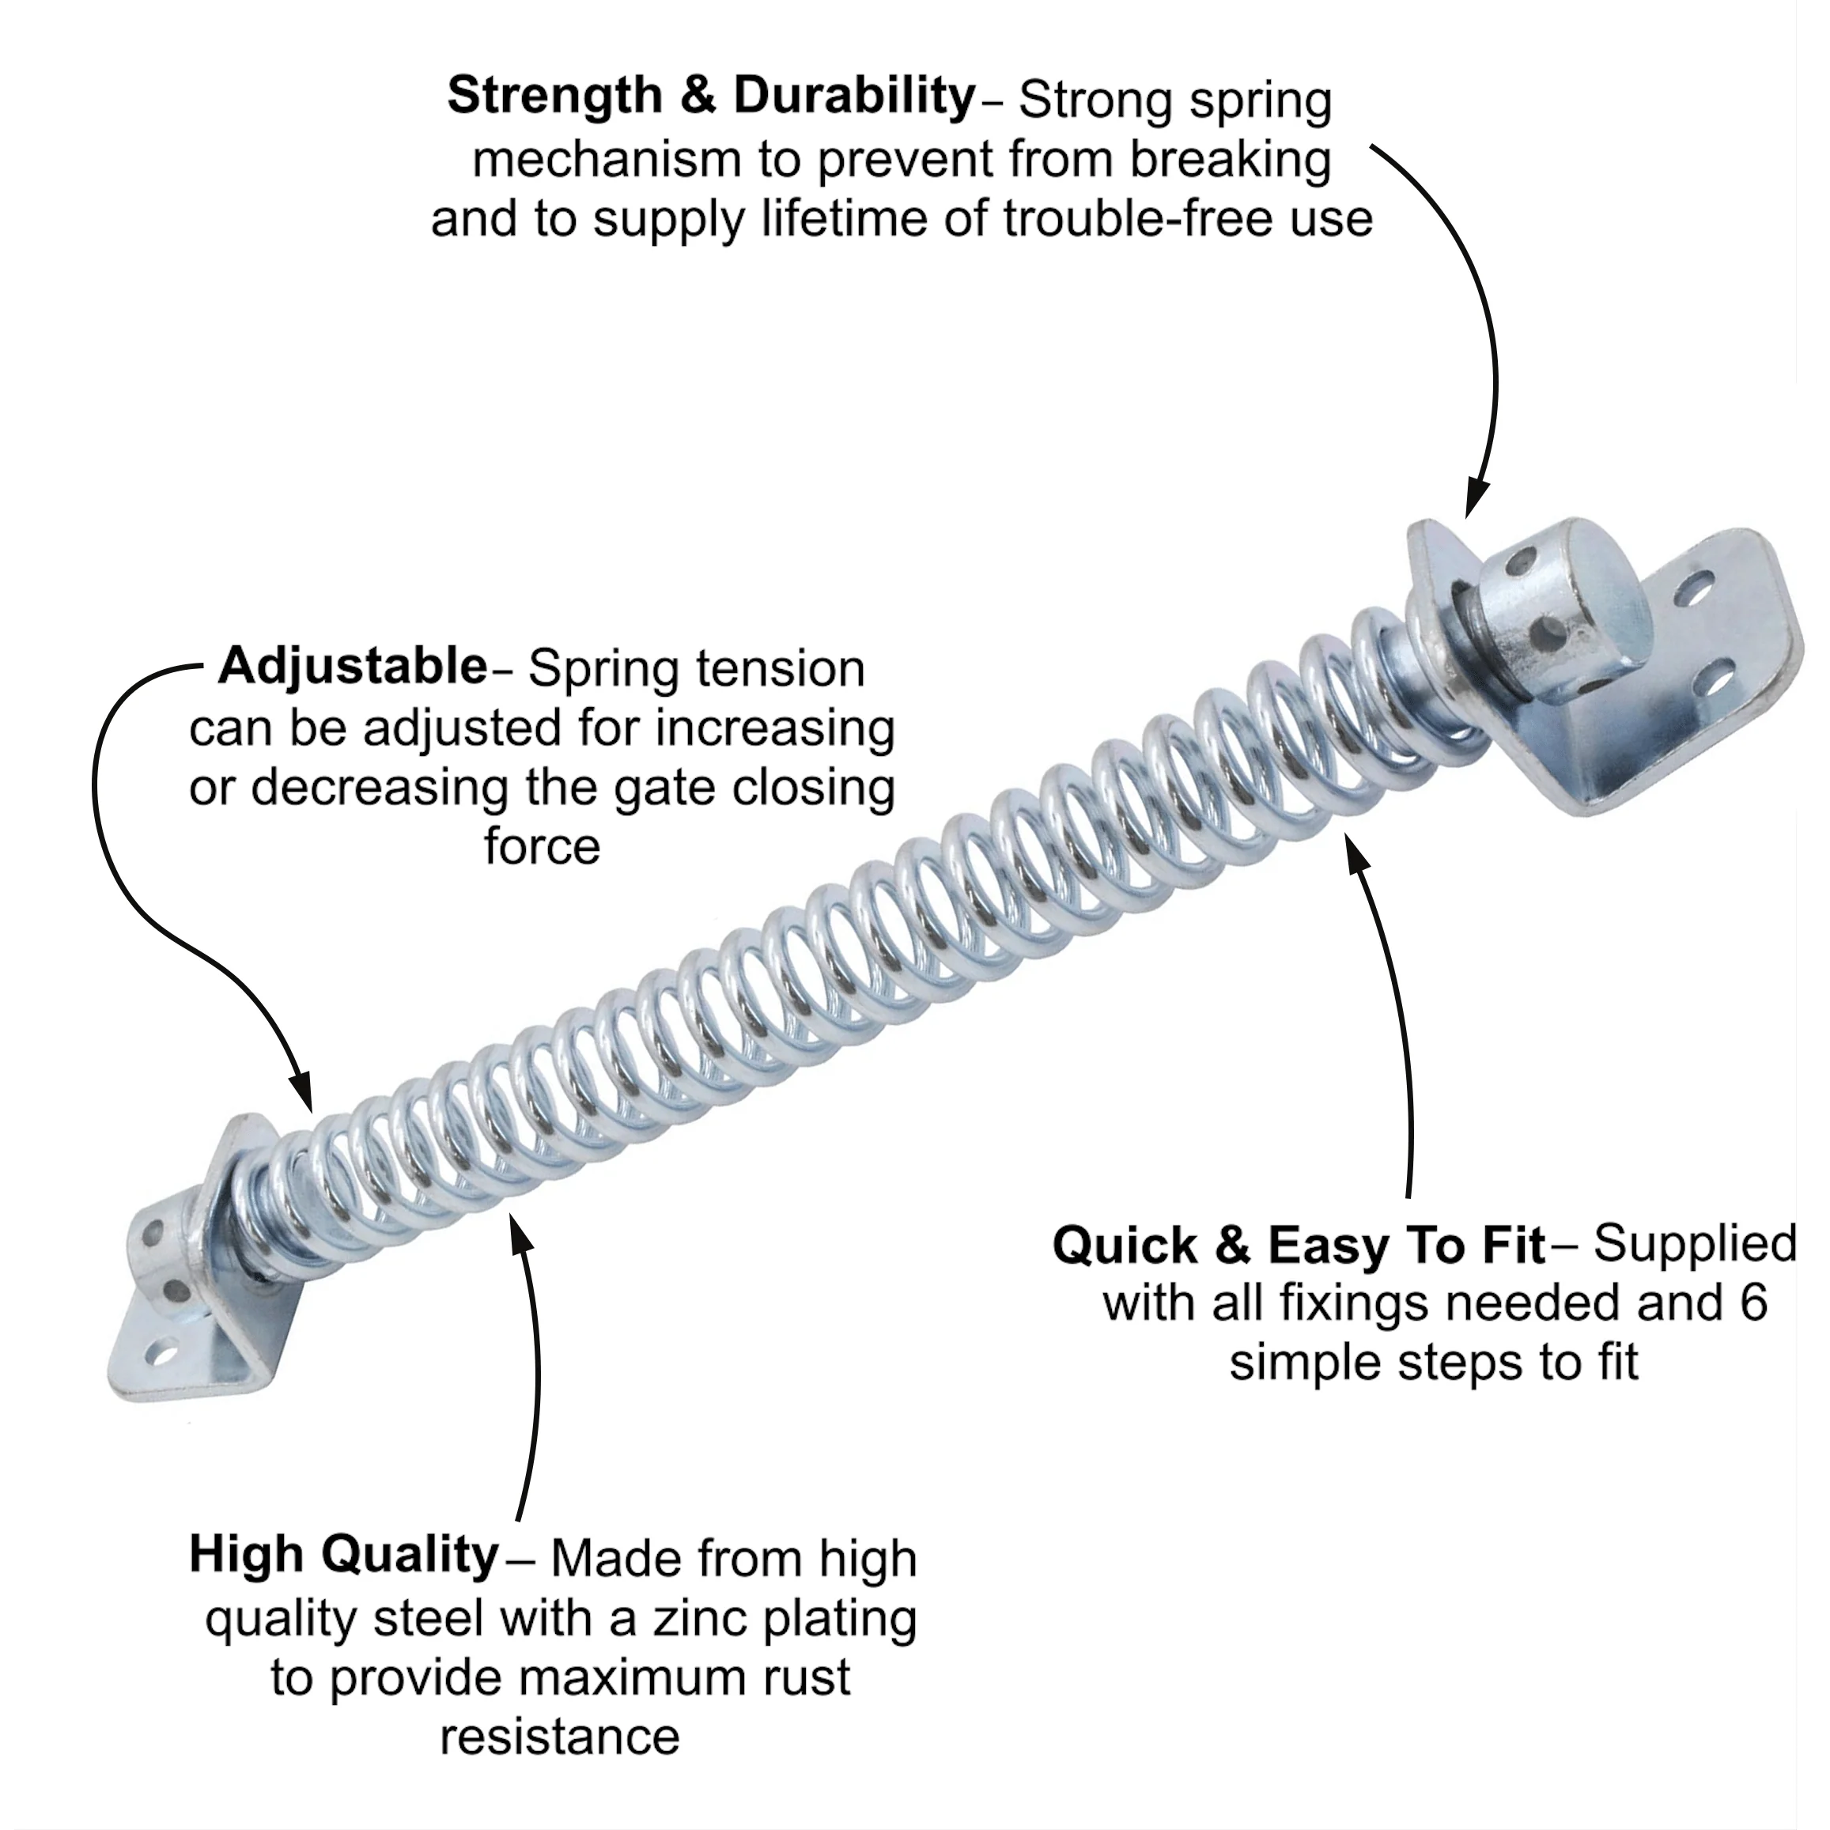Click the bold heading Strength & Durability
tap(711, 96)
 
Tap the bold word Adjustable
tap(353, 666)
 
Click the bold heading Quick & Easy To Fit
tap(1299, 1246)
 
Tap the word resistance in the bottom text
tap(560, 1737)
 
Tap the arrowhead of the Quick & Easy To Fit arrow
tap(1357, 853)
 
